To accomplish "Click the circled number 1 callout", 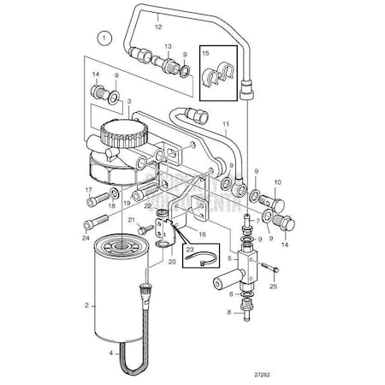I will click(104, 37).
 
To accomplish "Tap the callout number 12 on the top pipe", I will click(157, 27).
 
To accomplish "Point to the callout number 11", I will click(225, 125).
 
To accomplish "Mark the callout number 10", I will click(277, 181).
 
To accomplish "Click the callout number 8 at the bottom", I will click(230, 312).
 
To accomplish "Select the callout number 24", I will click(87, 226).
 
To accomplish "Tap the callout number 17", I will click(89, 190).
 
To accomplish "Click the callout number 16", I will click(203, 232).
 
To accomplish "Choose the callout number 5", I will click(229, 256).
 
